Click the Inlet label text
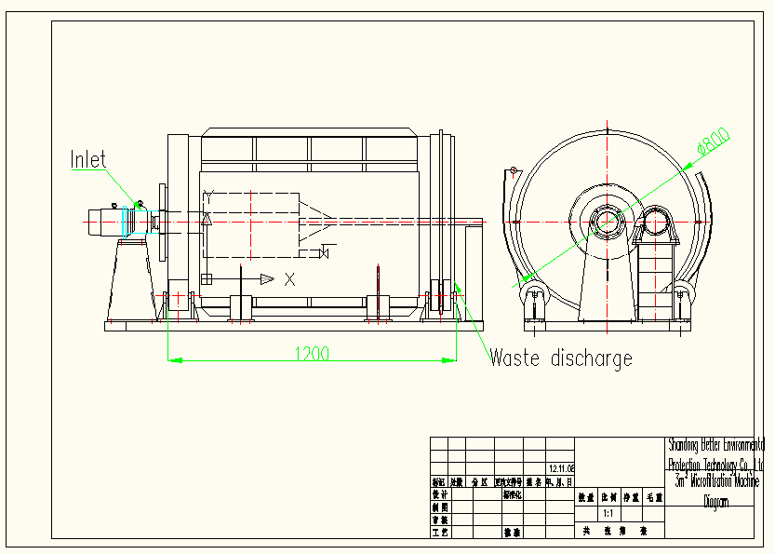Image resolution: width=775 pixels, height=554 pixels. pyautogui.click(x=88, y=159)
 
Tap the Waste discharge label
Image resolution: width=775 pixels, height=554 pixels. pyautogui.click(x=561, y=358)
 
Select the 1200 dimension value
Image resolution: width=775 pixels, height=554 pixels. pyautogui.click(x=312, y=354)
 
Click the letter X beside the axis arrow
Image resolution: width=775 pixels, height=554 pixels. pyautogui.click(x=290, y=278)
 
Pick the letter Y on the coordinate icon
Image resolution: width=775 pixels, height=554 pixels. pyautogui.click(x=209, y=196)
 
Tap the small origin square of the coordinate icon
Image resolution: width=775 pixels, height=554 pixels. pyautogui.click(x=207, y=278)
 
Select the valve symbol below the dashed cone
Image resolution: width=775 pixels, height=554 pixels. pyautogui.click(x=325, y=253)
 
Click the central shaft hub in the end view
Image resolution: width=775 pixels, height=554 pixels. pyautogui.click(x=607, y=223)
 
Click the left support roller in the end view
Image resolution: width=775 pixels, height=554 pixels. pyautogui.click(x=534, y=300)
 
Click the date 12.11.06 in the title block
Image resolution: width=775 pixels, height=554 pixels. pyautogui.click(x=562, y=469)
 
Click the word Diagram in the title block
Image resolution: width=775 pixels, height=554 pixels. pyautogui.click(x=715, y=502)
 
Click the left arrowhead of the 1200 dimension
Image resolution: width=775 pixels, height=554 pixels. pyautogui.click(x=171, y=358)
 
